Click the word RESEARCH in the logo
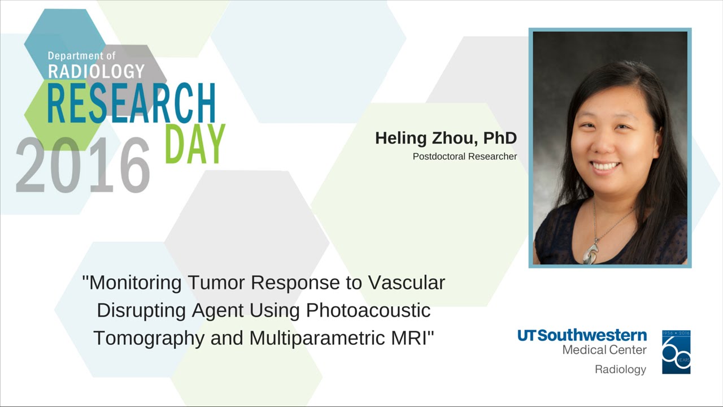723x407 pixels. click(132, 104)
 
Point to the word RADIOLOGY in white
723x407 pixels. click(96, 71)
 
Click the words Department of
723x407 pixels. click(81, 56)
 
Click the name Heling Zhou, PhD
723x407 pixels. click(446, 138)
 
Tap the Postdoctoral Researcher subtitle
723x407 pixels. click(465, 157)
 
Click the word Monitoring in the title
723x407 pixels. click(134, 282)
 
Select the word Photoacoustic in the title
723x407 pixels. click(368, 310)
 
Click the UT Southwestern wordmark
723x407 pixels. click(582, 335)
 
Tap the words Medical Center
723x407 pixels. click(604, 350)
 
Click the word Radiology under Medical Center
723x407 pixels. click(620, 369)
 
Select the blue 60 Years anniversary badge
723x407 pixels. click(676, 352)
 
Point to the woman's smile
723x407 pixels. click(606, 166)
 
